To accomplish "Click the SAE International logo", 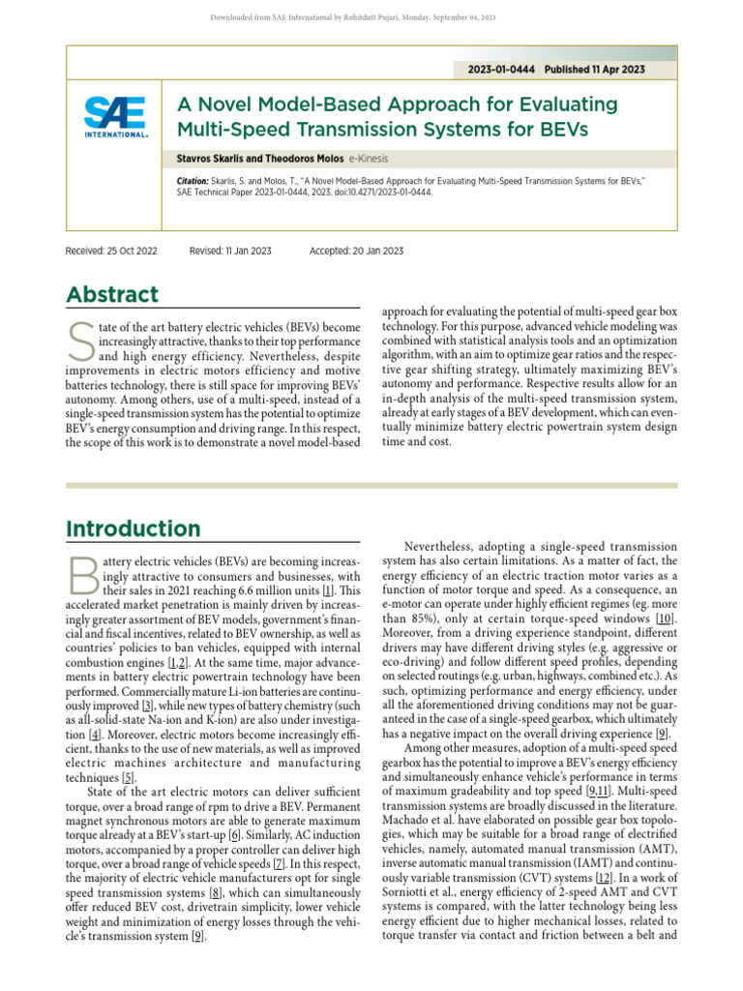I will pos(116,117).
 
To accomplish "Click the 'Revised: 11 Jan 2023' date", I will pos(230,251).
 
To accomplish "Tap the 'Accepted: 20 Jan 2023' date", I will pos(356,251).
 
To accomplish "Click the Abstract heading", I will pos(111,294).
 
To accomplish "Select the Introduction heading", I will pos(133,528).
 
